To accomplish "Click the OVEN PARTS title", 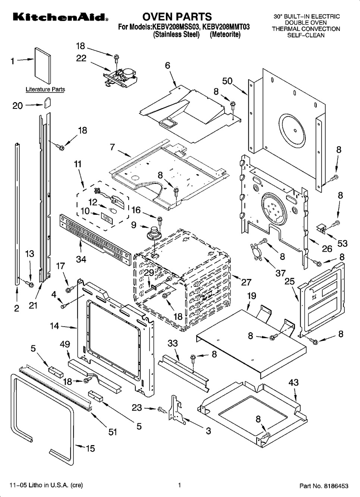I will (177, 16).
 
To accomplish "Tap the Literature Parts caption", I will (45, 89).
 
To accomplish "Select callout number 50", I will (228, 81).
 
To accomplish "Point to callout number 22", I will (81, 58).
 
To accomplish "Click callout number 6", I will (168, 65).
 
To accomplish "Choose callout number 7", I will (112, 147).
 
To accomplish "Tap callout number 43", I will (293, 383).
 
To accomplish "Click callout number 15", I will (90, 448).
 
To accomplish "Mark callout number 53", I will (342, 243).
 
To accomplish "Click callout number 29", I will (149, 273).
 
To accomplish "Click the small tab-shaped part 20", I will (47, 102).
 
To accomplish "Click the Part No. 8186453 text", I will (324, 486).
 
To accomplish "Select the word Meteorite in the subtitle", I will (225, 34).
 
